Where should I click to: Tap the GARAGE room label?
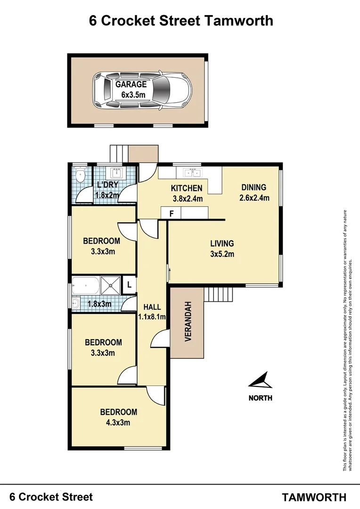[131, 85]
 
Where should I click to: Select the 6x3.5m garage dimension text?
[131, 95]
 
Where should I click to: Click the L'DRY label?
[107, 185]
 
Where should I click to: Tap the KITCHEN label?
[186, 189]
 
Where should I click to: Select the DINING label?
[254, 187]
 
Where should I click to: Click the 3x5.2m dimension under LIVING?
[222, 254]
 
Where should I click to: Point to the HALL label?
[152, 307]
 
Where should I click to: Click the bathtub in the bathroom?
[86, 285]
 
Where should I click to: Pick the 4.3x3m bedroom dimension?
[118, 422]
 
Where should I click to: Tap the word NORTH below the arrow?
[260, 398]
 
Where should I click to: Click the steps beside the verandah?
[219, 295]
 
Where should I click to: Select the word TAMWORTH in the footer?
[314, 497]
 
